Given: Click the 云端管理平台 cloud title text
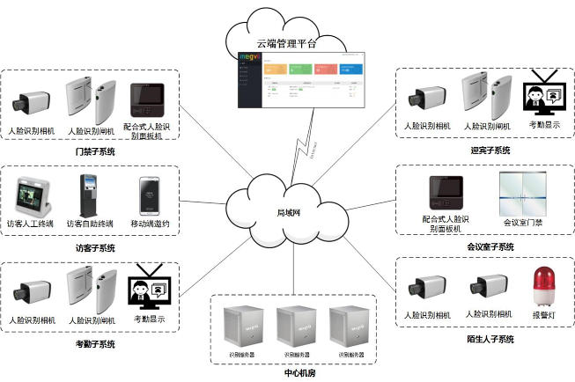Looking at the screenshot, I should (x=286, y=41).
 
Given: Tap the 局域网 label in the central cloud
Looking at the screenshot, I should (x=290, y=212).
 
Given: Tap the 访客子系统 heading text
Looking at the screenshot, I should (x=95, y=248).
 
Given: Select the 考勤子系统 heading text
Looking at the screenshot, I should (x=95, y=344).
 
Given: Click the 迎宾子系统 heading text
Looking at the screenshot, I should (x=490, y=151).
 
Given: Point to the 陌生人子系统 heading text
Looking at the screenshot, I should (x=490, y=339).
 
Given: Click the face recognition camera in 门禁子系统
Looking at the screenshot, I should (x=30, y=103).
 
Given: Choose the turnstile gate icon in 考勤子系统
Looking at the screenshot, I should (x=92, y=290).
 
